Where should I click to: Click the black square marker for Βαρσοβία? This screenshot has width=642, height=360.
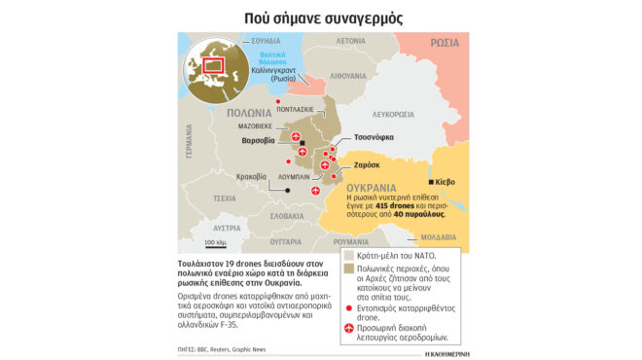point(303,144)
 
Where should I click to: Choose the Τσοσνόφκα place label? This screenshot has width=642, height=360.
point(373,137)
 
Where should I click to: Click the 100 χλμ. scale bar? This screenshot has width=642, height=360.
point(215,239)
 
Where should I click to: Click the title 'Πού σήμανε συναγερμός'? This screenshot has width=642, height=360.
point(321,18)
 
